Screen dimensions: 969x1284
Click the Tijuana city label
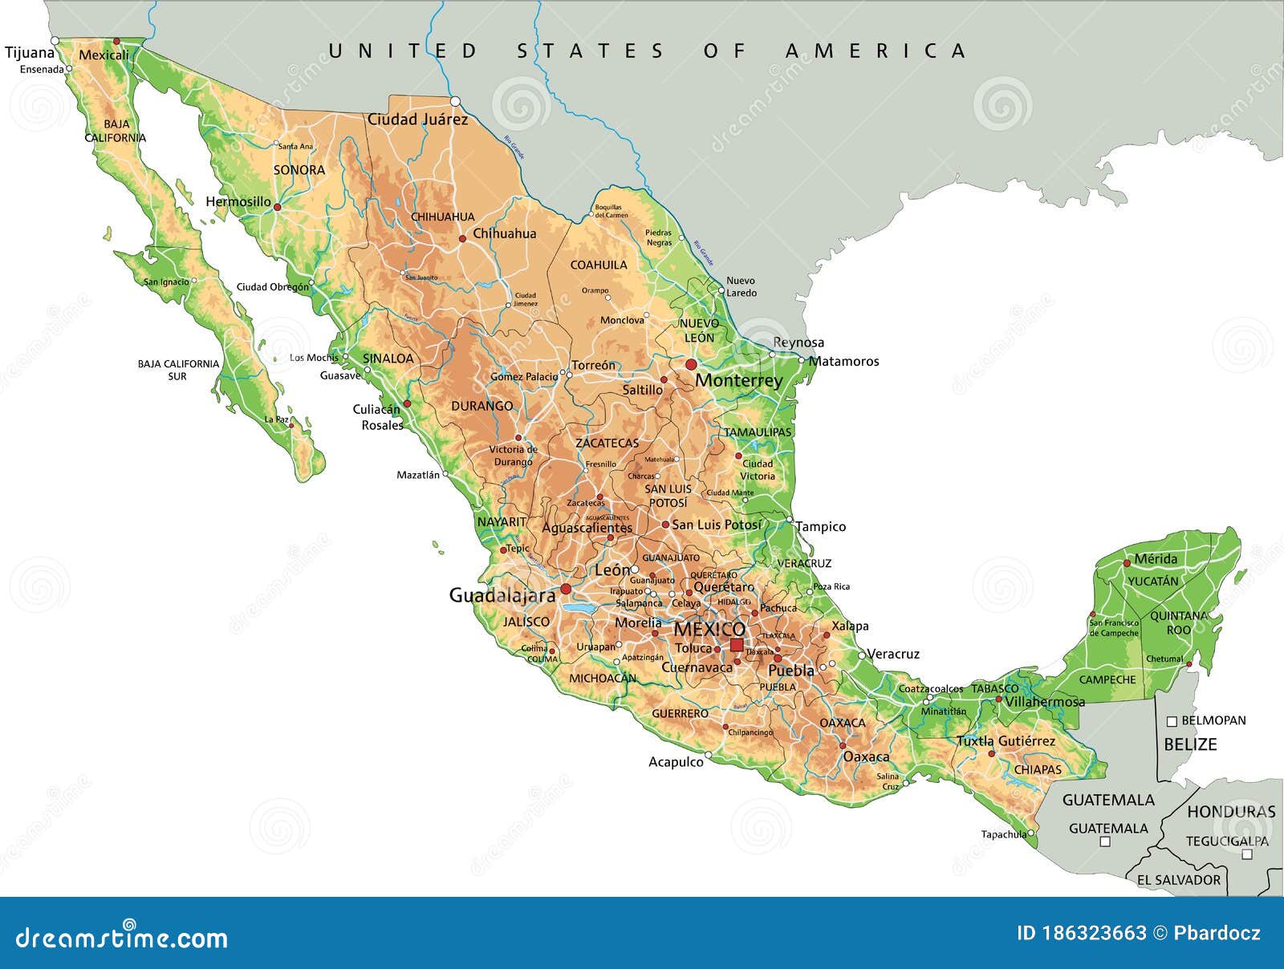click(x=30, y=53)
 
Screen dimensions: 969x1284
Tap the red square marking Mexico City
click(x=736, y=645)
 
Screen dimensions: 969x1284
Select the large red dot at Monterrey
click(x=691, y=365)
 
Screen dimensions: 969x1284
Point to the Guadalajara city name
click(x=502, y=596)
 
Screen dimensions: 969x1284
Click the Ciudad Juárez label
click(x=417, y=120)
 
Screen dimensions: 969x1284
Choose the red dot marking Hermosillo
click(x=277, y=207)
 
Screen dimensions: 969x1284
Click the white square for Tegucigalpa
click(x=1246, y=855)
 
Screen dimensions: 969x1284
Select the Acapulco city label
click(x=676, y=762)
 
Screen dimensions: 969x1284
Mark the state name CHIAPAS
click(x=1038, y=769)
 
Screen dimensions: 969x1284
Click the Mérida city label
click(x=1156, y=559)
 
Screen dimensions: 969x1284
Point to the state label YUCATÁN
click(x=1153, y=581)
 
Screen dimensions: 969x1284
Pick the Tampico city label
click(x=821, y=527)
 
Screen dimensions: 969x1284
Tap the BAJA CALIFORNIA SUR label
click(x=177, y=370)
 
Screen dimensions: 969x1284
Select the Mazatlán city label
click(x=418, y=475)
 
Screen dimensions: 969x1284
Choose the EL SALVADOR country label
click(x=1178, y=880)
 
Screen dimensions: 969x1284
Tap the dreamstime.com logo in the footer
click(x=122, y=936)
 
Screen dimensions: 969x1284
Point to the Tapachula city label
click(x=1003, y=834)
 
